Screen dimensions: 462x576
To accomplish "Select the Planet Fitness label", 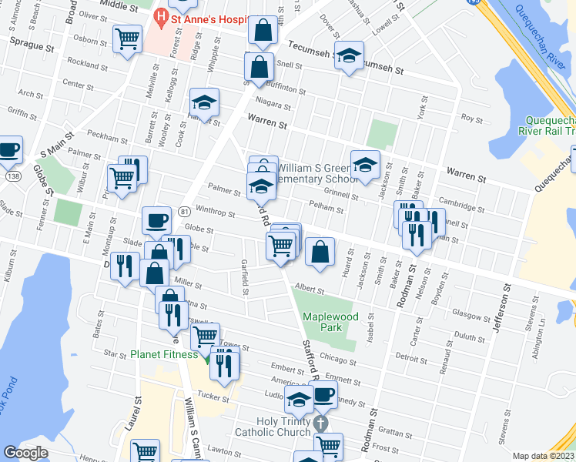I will point(164,355).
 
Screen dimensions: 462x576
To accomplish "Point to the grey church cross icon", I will point(321,423).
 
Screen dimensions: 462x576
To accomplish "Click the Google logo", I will point(25,453).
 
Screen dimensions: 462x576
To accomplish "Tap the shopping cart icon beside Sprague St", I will point(127,38).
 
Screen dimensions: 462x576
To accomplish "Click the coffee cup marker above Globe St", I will point(156,221).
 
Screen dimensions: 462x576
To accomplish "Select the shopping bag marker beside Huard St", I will point(320,251).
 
